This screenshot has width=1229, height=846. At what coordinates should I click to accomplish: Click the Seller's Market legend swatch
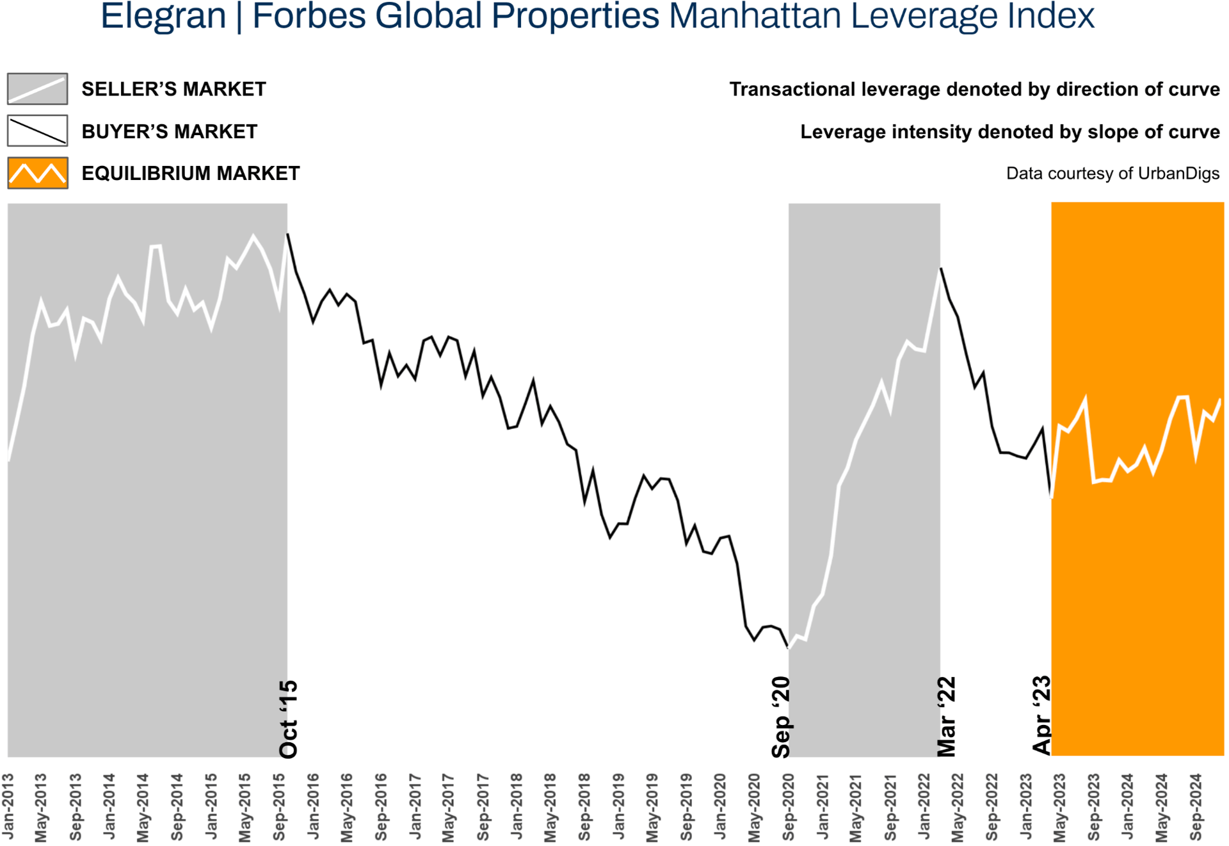click(x=37, y=89)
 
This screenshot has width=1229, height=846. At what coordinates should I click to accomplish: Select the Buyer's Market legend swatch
click(x=37, y=131)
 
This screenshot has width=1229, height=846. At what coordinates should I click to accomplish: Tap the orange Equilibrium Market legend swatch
click(x=37, y=173)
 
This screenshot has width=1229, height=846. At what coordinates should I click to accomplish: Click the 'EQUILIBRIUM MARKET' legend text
click(x=191, y=174)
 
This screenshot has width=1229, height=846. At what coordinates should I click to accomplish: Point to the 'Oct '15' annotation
click(x=289, y=719)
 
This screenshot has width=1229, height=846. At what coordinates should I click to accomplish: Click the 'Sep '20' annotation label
click(x=782, y=717)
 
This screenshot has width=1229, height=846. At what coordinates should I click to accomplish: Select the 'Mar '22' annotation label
click(x=947, y=717)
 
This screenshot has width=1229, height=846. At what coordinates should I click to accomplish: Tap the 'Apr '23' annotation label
click(x=1042, y=715)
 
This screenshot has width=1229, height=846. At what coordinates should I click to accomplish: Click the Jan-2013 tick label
click(x=8, y=806)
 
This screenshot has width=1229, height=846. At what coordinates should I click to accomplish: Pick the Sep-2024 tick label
click(x=1196, y=806)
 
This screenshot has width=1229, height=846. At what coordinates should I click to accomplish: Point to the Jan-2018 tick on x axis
click(x=517, y=806)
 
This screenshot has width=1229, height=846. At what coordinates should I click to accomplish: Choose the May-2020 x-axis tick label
click(x=754, y=806)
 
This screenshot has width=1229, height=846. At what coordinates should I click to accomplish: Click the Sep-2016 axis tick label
click(x=381, y=806)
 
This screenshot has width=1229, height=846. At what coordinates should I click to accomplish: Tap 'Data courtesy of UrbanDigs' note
click(x=1113, y=174)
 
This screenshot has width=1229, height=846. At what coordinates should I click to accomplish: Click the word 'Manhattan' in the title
click(x=755, y=15)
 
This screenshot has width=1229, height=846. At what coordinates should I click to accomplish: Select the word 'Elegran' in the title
click(x=163, y=15)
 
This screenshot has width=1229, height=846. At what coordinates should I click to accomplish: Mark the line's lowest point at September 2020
click(x=788, y=648)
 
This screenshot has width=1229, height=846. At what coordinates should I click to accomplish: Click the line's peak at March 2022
click(x=940, y=269)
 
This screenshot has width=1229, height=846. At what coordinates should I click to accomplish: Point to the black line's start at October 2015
click(x=287, y=234)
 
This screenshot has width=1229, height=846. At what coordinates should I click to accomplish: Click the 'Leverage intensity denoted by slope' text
click(x=1009, y=132)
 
